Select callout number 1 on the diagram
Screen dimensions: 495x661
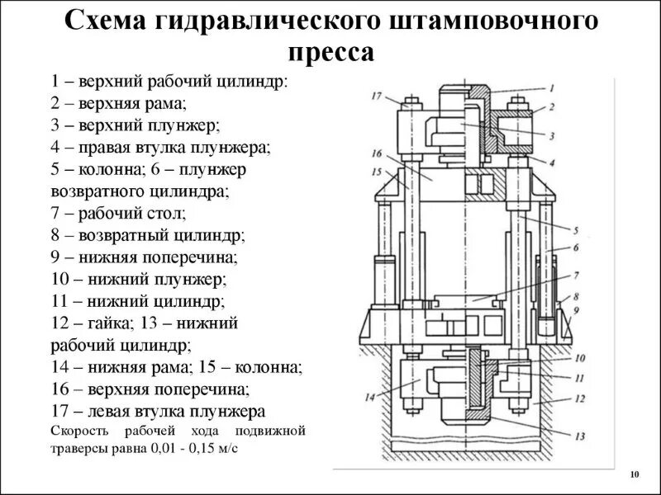click(551, 87)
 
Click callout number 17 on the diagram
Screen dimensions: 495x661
click(377, 97)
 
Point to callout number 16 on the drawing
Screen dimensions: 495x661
click(377, 153)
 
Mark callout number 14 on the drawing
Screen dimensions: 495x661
click(369, 398)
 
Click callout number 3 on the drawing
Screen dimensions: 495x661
click(551, 135)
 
